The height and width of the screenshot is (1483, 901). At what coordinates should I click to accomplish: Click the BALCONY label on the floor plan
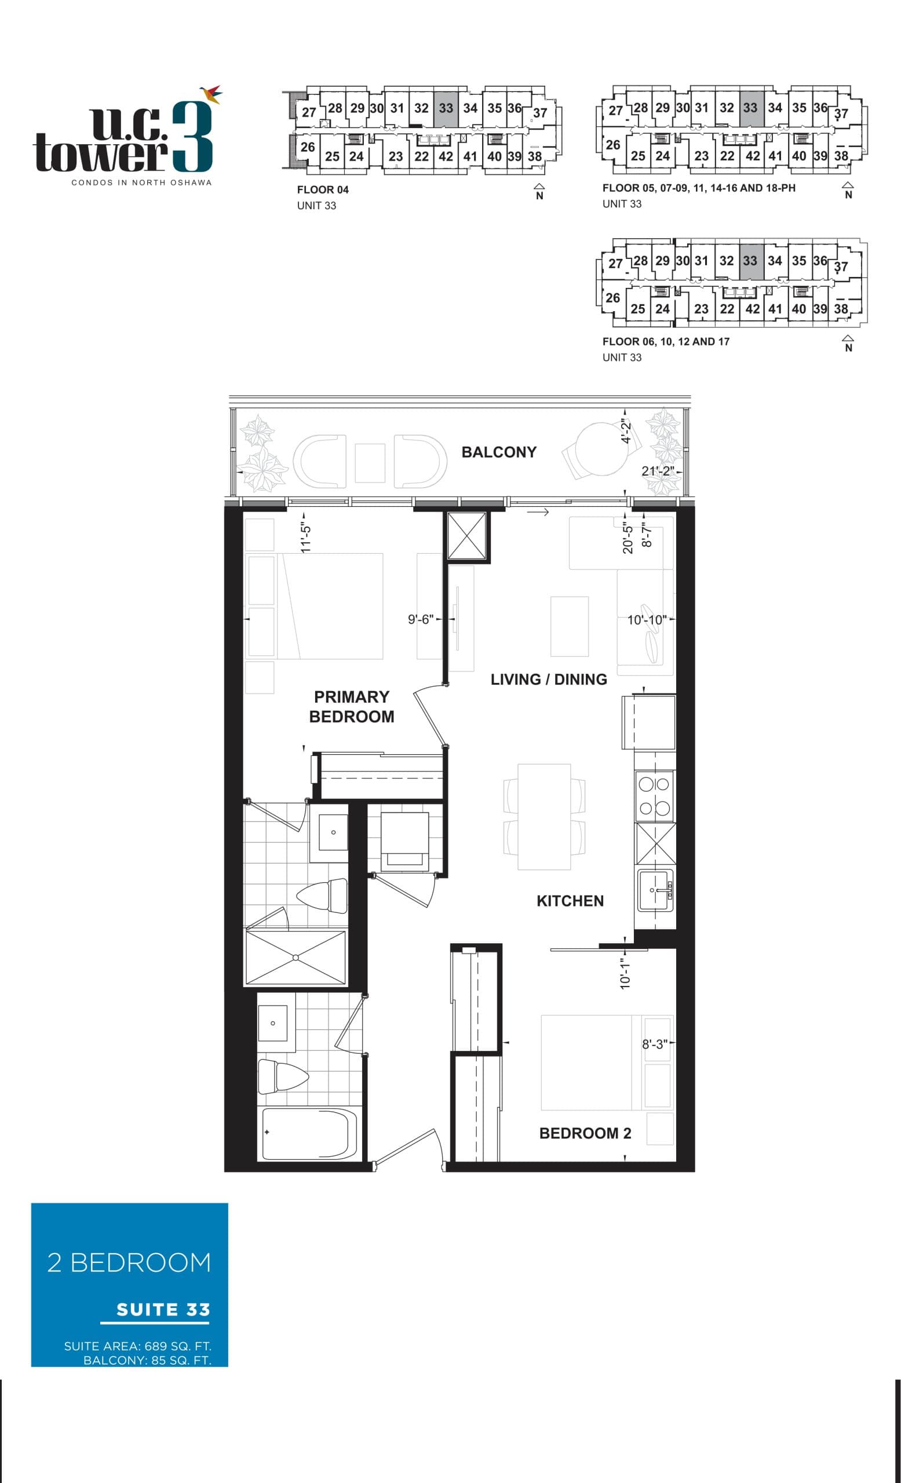pos(498,452)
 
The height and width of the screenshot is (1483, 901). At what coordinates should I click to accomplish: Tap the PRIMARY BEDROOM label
pos(352,706)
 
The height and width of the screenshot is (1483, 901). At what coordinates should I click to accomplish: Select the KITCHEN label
pos(570,900)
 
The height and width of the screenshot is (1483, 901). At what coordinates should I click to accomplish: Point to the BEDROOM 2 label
pos(585,1133)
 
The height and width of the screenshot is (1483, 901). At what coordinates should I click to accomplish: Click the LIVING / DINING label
pos(548,679)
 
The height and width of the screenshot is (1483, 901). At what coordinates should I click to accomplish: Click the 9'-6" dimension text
pos(420,619)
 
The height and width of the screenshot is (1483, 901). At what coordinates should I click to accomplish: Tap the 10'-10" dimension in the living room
pos(647,620)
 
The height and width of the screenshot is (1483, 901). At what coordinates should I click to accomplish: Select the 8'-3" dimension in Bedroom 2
pos(654,1044)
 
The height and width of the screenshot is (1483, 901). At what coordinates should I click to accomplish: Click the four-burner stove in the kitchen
pos(654,796)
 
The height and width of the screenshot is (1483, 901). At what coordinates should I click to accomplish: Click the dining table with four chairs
pos(544,816)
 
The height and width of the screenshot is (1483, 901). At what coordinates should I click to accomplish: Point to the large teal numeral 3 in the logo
pos(192,137)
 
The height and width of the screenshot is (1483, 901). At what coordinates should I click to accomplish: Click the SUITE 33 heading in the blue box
pos(162,1309)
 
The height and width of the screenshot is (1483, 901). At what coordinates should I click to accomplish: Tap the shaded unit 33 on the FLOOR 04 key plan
pos(446,108)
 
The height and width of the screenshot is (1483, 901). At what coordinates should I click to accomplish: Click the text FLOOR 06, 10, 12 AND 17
pos(665,341)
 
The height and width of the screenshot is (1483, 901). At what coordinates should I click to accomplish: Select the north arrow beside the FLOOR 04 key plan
pos(539,191)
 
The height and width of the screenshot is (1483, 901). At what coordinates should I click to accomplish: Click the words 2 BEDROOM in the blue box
pos(129,1262)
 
